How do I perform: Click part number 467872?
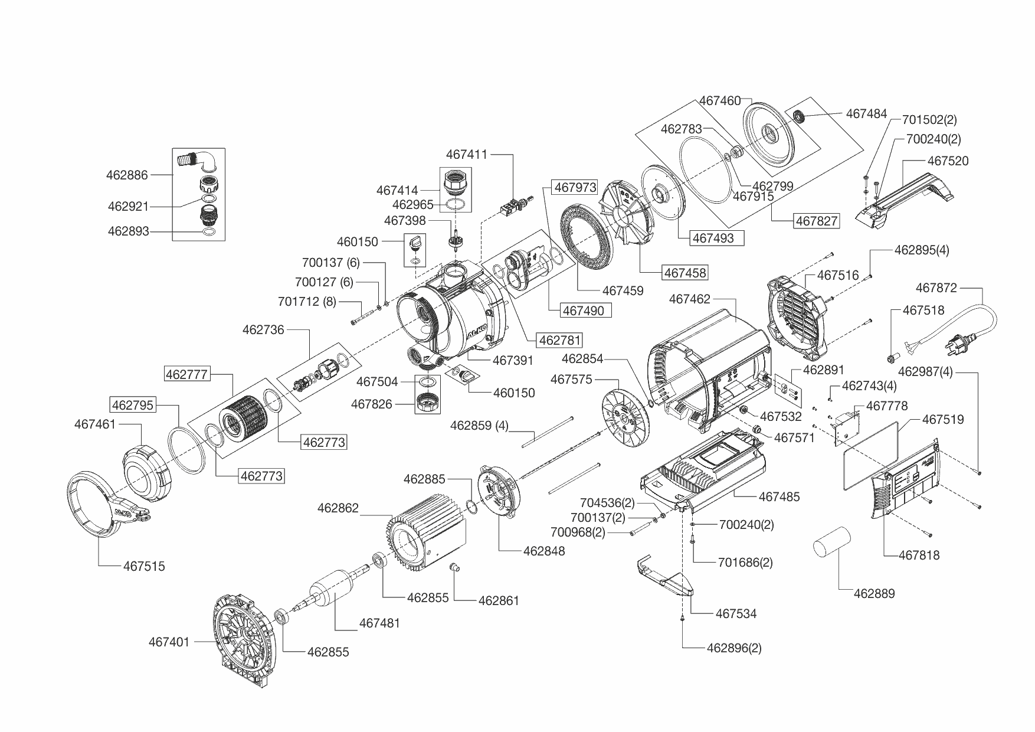(x=936, y=287)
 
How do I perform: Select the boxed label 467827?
(x=816, y=221)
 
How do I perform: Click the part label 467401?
(x=169, y=642)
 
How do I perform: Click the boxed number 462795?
(x=133, y=405)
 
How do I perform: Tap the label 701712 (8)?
(x=307, y=302)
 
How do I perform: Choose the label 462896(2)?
(x=733, y=648)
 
